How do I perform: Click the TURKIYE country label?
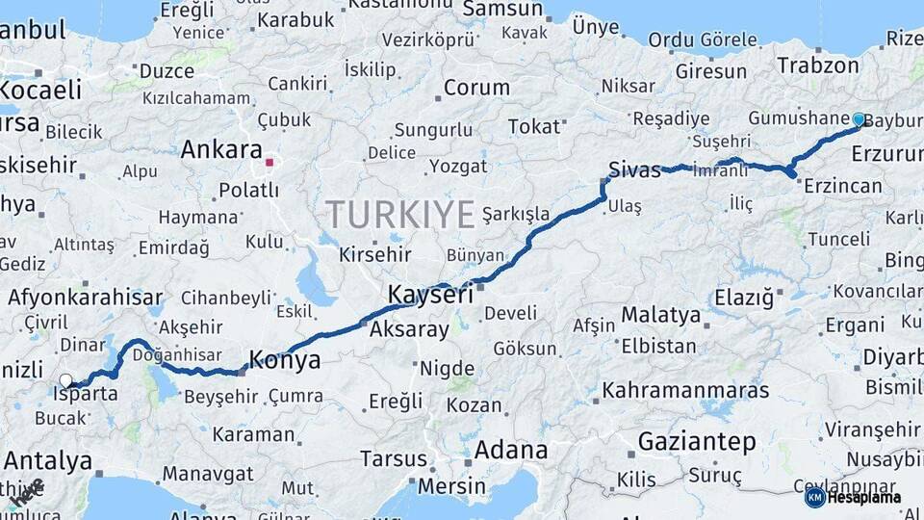[399, 214]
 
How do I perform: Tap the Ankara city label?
[222, 151]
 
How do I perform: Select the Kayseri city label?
[430, 295]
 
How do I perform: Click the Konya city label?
[285, 361]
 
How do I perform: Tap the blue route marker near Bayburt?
[859, 119]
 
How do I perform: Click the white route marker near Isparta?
[65, 380]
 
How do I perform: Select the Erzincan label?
[843, 186]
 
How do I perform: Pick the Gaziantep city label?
[697, 442]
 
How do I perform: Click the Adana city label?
[511, 450]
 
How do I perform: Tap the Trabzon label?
[817, 66]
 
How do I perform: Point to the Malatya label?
[661, 315]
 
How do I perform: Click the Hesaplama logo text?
[868, 498]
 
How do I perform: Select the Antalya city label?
[47, 461]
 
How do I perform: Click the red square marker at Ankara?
[270, 163]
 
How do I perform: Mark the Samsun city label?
[502, 10]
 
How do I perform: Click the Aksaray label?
[409, 330]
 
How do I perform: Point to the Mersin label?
[452, 487]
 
